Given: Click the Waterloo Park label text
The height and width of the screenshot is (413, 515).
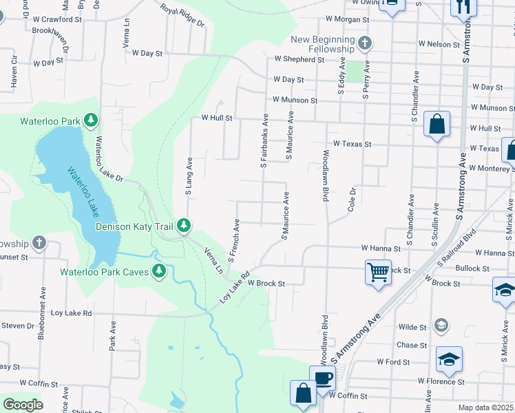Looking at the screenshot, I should [x=50, y=121].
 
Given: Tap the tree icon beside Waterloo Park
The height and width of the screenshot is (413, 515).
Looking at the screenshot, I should [x=90, y=120].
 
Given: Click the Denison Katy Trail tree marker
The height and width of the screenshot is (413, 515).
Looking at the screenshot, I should [x=184, y=225].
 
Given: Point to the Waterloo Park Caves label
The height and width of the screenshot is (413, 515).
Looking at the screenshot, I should [x=105, y=271].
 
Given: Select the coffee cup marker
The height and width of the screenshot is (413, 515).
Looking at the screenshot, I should [x=322, y=377].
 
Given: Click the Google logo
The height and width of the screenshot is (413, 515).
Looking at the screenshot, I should [x=23, y=405].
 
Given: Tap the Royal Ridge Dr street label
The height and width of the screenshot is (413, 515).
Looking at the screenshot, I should [x=183, y=14].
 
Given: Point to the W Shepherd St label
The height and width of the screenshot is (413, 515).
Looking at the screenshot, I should [x=299, y=60].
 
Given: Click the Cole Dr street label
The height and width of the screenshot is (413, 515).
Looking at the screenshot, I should [x=352, y=199].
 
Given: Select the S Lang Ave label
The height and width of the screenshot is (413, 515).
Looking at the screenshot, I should [x=189, y=176].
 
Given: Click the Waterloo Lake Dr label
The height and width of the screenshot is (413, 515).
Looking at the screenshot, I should [x=109, y=159].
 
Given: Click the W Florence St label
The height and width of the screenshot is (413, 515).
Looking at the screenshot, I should [x=439, y=381].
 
